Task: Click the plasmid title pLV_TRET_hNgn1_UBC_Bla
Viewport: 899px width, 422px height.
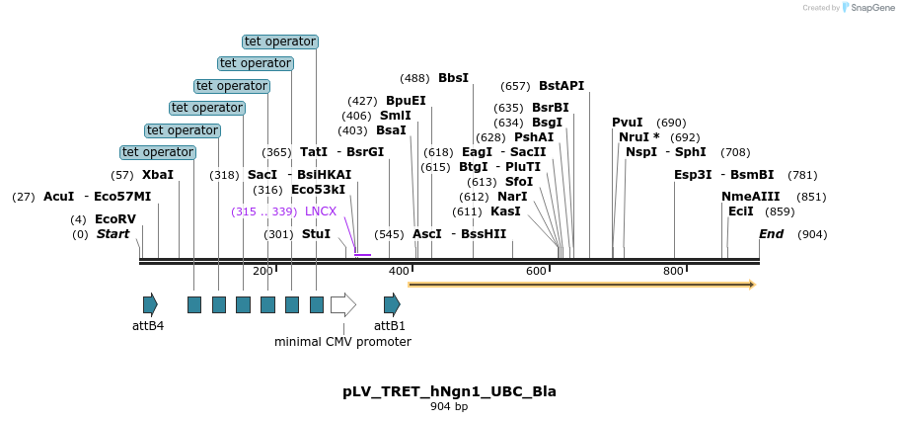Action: (x=449, y=391)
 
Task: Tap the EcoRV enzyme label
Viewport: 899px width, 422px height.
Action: (x=115, y=219)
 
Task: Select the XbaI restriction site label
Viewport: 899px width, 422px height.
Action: (x=158, y=175)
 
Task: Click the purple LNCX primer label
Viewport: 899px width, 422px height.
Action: (x=321, y=211)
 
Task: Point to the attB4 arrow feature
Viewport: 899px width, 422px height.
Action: (x=150, y=304)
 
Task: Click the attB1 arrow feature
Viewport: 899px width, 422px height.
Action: (x=392, y=304)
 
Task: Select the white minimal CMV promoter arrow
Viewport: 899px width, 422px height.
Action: (x=342, y=304)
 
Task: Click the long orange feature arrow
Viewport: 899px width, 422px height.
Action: (x=581, y=285)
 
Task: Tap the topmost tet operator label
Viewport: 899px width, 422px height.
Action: (x=280, y=42)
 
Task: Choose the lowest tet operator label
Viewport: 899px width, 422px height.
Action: (x=158, y=152)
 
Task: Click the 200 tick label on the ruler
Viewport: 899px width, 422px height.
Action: (x=262, y=271)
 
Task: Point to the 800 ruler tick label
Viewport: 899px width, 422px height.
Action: (x=674, y=271)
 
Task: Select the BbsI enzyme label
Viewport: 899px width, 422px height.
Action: (x=453, y=78)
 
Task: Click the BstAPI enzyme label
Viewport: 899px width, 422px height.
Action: (x=562, y=86)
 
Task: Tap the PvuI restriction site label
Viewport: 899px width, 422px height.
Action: (x=627, y=123)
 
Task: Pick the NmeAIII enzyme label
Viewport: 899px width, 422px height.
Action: (x=750, y=197)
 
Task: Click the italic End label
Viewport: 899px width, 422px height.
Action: (x=771, y=234)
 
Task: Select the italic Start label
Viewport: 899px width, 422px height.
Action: (x=112, y=234)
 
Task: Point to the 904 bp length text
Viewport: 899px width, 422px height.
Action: (x=449, y=407)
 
